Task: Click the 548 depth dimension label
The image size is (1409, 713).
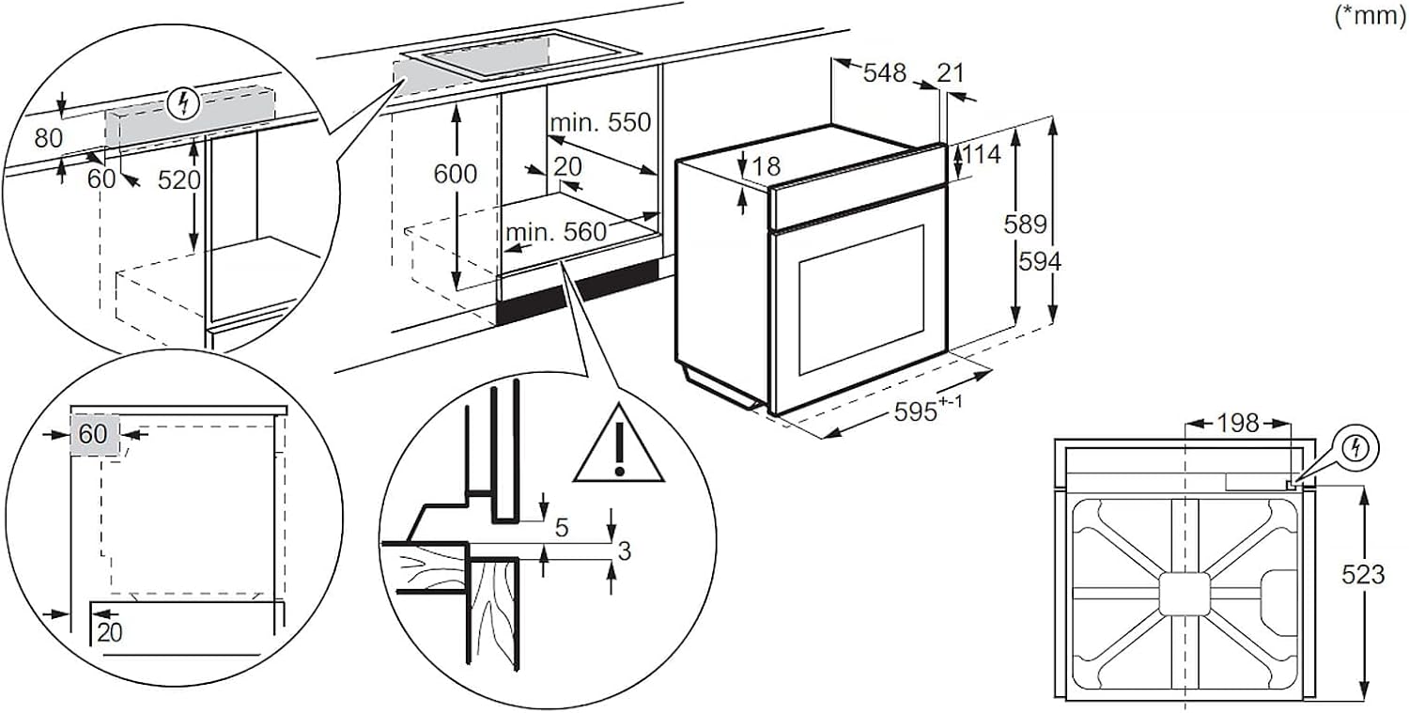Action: [886, 72]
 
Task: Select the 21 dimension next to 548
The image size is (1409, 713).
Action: [951, 72]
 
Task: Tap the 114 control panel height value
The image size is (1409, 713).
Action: [983, 155]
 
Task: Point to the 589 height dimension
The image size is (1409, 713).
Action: [1025, 225]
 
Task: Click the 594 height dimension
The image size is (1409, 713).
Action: [1041, 262]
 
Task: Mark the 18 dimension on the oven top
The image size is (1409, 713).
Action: [766, 167]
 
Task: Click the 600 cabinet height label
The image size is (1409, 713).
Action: [455, 174]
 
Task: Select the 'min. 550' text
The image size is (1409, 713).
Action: [599, 123]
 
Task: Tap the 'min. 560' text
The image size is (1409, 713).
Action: [555, 232]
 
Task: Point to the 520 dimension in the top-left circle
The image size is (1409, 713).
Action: [180, 179]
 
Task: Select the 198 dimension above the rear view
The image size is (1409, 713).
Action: [1237, 424]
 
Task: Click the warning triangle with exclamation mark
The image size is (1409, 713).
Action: [618, 443]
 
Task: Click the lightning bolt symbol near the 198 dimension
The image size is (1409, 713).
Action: [1355, 447]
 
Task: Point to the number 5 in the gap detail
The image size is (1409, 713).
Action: [562, 528]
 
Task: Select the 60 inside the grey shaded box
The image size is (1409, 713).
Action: [93, 434]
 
